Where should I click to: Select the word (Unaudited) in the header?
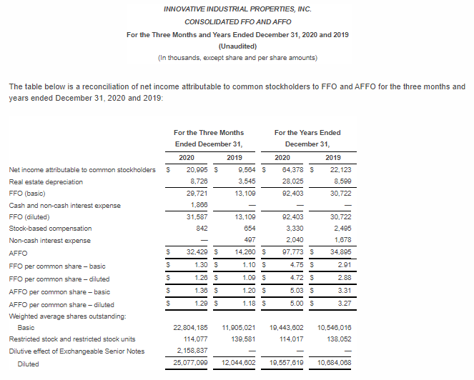(x=237, y=46)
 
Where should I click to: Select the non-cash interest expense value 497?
(x=250, y=240)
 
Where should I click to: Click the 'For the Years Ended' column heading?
(x=307, y=132)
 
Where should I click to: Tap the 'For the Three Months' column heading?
(x=209, y=132)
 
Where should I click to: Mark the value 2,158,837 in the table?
(x=191, y=351)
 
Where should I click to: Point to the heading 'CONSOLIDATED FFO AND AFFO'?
(x=237, y=22)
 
